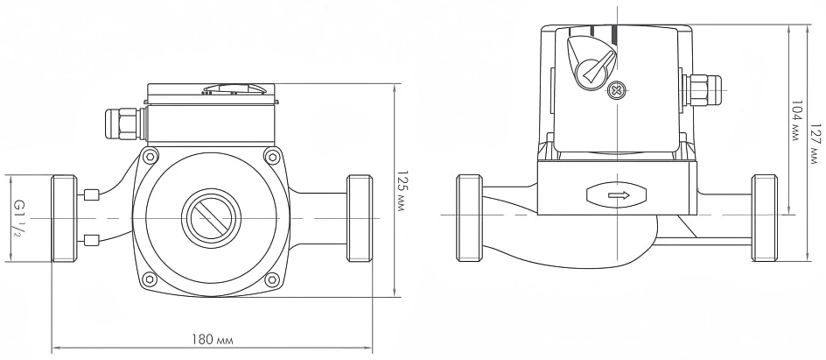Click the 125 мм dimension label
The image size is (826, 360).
pyautogui.click(x=402, y=190)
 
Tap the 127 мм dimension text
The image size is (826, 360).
pyautogui.click(x=815, y=144)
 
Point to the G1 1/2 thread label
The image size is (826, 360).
pyautogui.click(x=17, y=218)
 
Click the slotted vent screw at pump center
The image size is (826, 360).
pyautogui.click(x=211, y=218)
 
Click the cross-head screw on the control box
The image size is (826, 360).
pyautogui.click(x=616, y=90)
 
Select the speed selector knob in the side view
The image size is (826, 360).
pyautogui.click(x=591, y=62)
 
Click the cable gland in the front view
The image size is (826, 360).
pyautogui.click(x=125, y=124)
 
